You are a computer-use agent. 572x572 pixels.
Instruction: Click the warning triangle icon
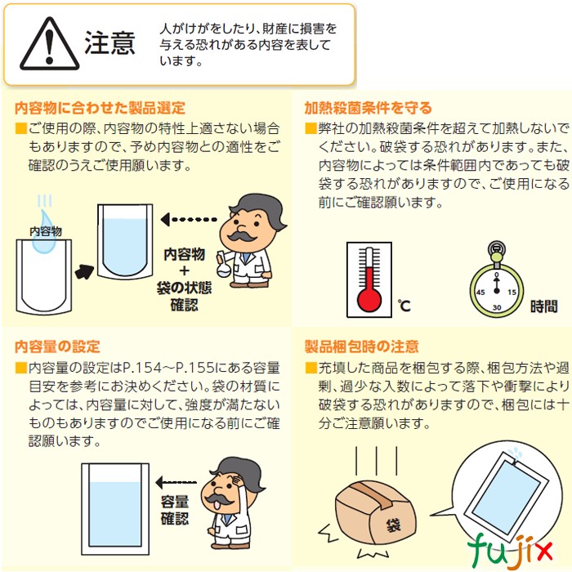[49, 45]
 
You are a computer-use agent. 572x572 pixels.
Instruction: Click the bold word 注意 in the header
[109, 43]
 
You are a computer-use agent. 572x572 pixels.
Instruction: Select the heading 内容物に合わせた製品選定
[101, 107]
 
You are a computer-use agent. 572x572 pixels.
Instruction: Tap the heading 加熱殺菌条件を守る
[368, 107]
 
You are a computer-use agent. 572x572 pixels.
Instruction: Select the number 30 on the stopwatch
[496, 308]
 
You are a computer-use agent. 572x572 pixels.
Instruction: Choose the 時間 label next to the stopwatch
[543, 306]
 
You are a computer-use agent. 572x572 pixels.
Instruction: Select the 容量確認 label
[174, 509]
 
